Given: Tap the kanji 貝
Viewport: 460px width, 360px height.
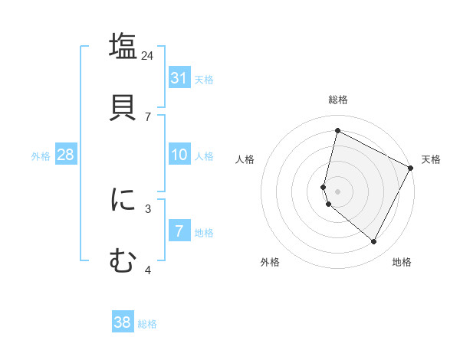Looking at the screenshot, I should [x=123, y=106].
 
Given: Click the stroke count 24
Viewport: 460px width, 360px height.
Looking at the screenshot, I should [x=147, y=56].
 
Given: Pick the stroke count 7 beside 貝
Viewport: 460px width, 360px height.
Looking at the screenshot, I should [x=148, y=116].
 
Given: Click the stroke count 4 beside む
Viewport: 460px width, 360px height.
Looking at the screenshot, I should [x=148, y=270].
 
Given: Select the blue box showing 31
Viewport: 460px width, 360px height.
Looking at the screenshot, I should [x=179, y=78].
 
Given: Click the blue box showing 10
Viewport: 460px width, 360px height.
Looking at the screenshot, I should [x=179, y=155].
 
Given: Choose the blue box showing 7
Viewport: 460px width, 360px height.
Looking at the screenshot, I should [x=179, y=231].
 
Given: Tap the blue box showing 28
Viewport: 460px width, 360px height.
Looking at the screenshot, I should [x=65, y=155].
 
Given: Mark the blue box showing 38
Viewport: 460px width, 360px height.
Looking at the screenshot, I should [x=123, y=322].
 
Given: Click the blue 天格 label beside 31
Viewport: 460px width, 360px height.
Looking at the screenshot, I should [x=204, y=79].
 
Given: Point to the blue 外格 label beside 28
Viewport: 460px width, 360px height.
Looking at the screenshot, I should [x=41, y=156].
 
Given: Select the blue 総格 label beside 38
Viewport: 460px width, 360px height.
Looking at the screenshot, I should [x=148, y=324].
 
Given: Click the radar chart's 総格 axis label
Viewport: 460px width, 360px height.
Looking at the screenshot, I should [x=337, y=100].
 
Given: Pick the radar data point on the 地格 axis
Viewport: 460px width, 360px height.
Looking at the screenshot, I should [x=373, y=242].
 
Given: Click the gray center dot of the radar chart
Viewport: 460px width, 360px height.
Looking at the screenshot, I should [x=337, y=190].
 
